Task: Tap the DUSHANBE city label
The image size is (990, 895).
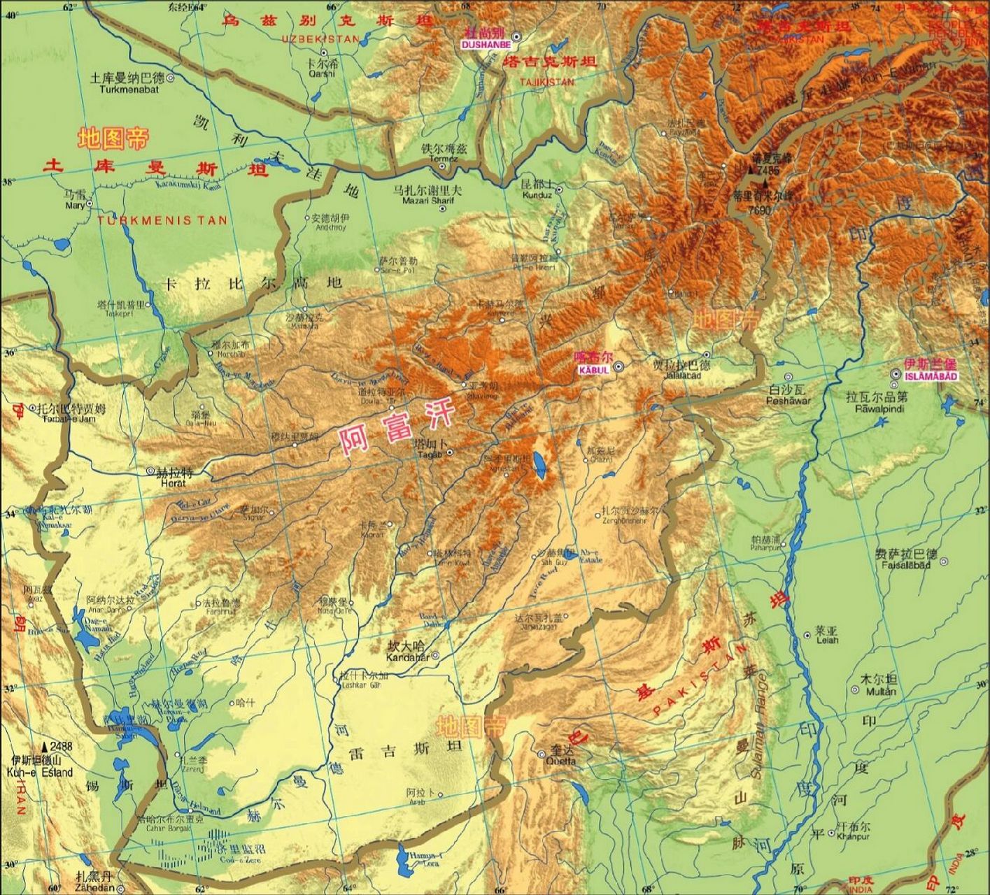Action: [481, 43]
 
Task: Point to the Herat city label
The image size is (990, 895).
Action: [171, 482]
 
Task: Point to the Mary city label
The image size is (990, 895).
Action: [74, 206]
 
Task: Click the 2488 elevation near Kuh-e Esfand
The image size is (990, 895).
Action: [60, 747]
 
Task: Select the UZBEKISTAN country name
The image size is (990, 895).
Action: [320, 39]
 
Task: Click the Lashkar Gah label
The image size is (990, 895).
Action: [359, 685]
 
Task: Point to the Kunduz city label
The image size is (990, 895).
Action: [537, 195]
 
